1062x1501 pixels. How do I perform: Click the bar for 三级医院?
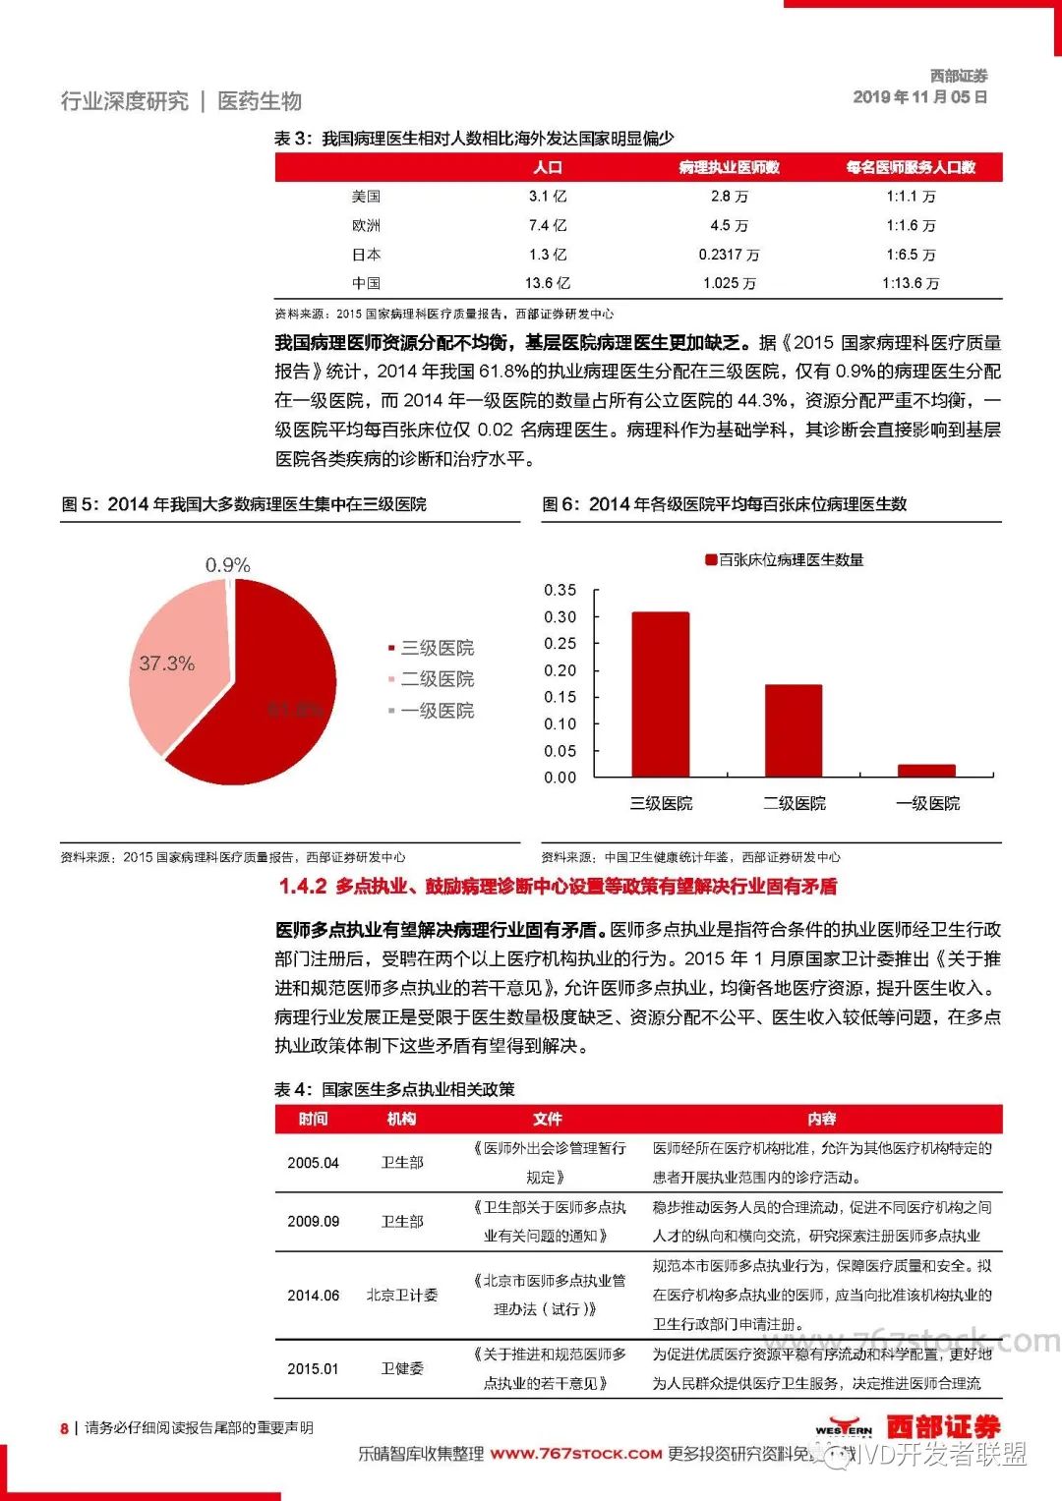click(660, 694)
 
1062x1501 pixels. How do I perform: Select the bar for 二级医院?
click(794, 730)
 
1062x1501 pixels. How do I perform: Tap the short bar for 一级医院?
click(926, 771)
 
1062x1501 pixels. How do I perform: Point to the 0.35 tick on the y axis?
click(560, 590)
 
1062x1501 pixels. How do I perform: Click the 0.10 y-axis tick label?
click(560, 723)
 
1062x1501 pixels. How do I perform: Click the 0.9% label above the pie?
click(227, 565)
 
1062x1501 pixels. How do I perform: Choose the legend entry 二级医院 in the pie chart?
click(437, 679)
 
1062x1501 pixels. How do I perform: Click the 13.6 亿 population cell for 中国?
click(547, 283)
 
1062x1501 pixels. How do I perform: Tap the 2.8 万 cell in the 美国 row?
click(729, 197)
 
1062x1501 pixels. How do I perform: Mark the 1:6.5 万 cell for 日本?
click(911, 255)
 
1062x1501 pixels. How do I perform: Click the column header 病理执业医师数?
click(729, 167)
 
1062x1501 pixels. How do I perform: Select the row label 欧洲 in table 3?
click(366, 225)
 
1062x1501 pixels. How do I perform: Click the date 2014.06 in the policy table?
click(313, 1296)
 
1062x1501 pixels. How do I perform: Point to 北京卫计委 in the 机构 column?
click(402, 1296)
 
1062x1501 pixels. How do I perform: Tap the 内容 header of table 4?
click(822, 1119)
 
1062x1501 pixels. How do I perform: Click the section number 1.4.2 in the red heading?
click(303, 887)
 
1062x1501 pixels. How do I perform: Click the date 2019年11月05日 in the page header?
click(920, 97)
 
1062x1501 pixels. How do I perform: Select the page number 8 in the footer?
click(65, 1428)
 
